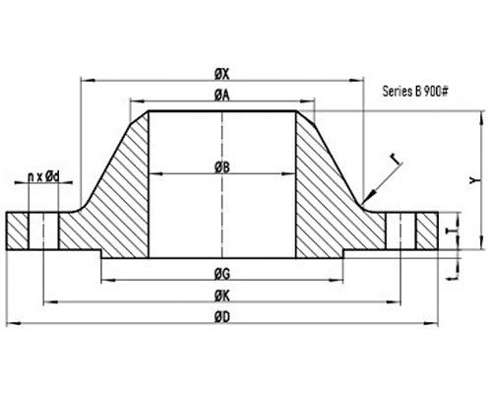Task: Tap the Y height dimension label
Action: coord(474,179)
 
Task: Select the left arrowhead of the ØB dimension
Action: coord(151,175)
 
